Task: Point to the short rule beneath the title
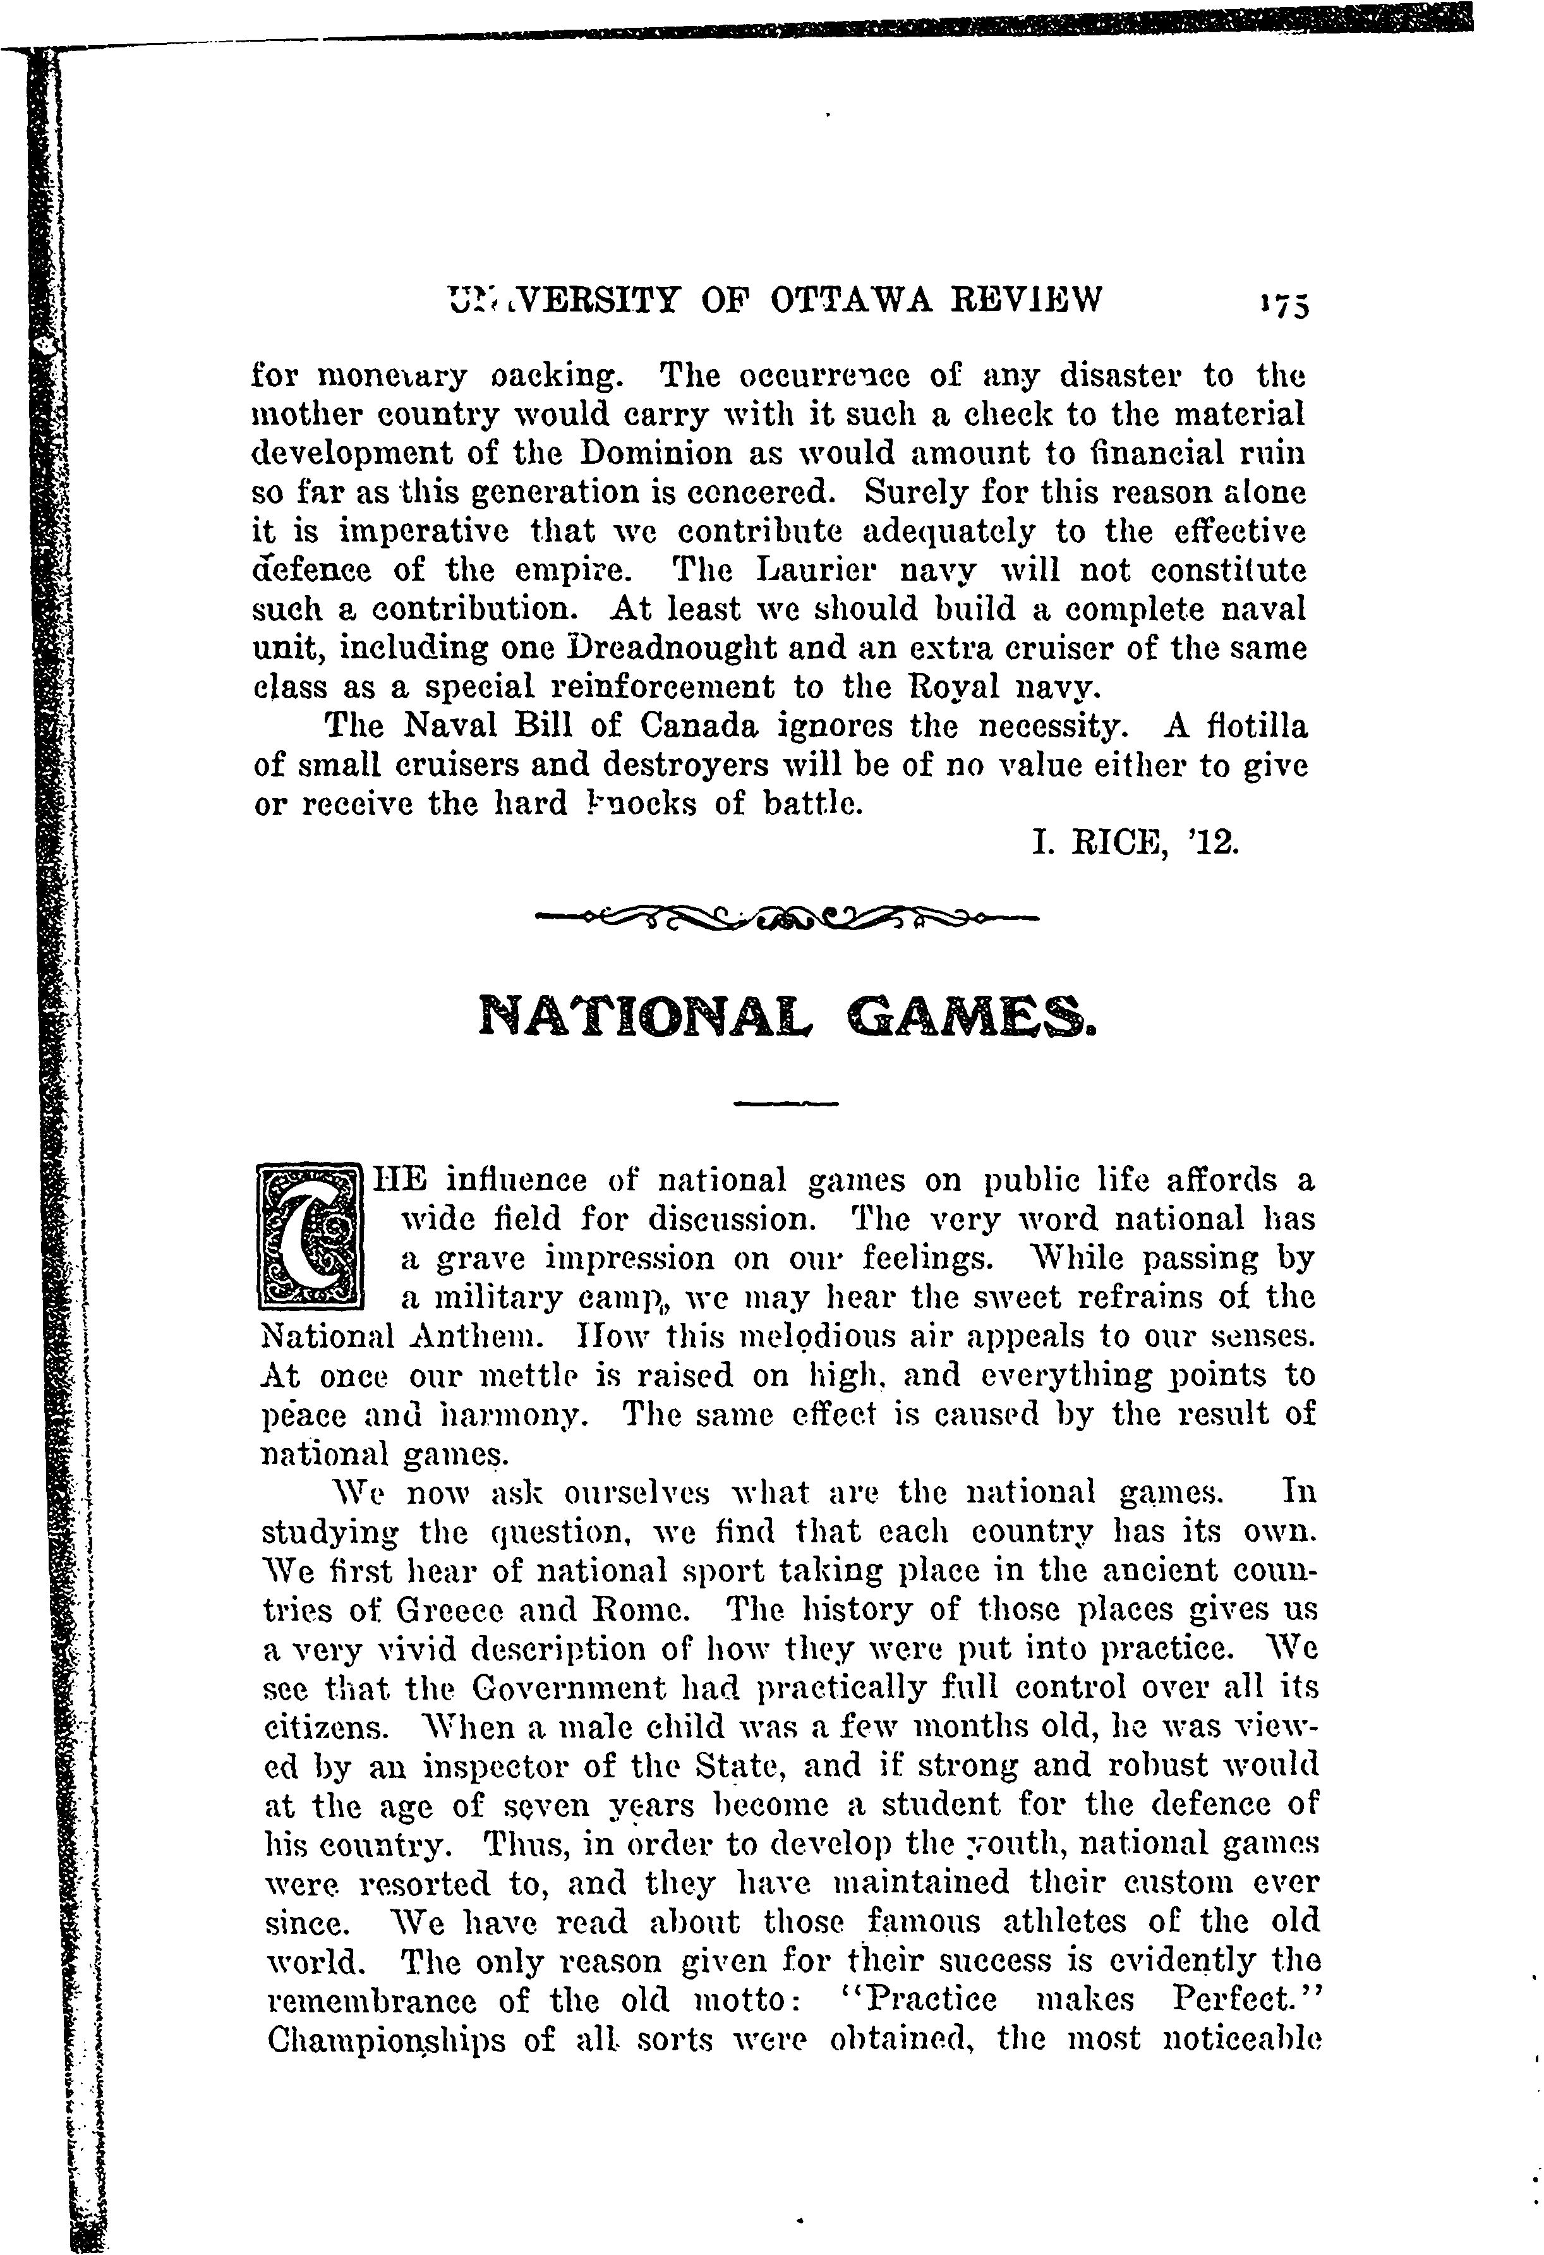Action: point(786,1103)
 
